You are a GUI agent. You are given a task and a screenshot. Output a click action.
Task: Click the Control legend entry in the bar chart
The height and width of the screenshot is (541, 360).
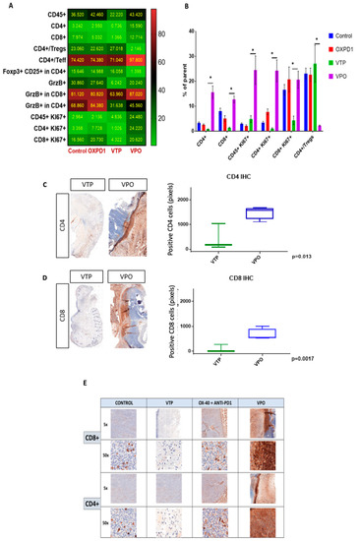340,35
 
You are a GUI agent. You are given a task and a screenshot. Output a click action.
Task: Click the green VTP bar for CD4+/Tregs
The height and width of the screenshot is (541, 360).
315,97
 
